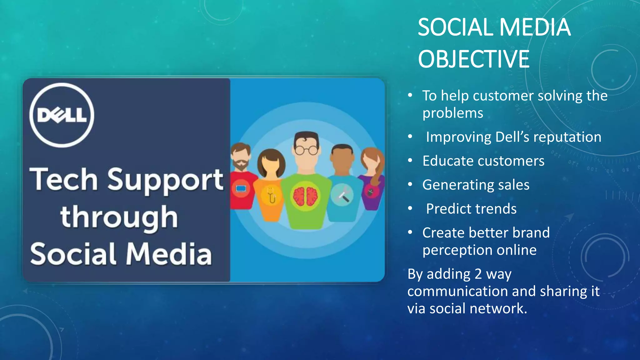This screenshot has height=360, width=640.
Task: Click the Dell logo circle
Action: [x=62, y=115]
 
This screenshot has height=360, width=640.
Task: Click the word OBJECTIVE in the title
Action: [x=473, y=59]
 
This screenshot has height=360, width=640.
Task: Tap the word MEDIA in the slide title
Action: [x=535, y=27]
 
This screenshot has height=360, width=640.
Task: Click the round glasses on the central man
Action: [x=306, y=151]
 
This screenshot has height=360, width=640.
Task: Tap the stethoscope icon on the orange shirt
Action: [x=271, y=195]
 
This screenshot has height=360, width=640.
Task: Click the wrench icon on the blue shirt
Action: [x=342, y=195]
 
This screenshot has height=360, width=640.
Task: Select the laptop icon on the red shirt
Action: [x=241, y=189]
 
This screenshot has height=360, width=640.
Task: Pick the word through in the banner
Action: [x=119, y=217]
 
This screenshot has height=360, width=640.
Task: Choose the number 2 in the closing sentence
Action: [x=478, y=274]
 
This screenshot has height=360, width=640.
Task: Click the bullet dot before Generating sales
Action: [x=410, y=184]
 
